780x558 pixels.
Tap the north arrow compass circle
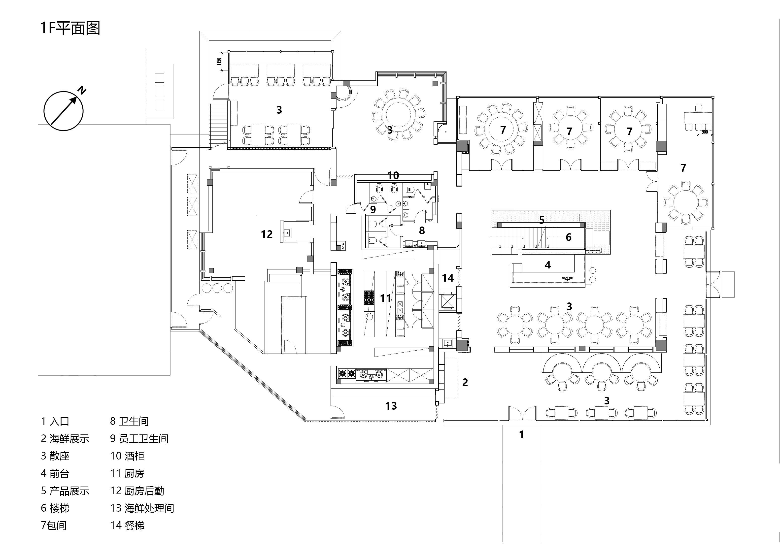tap(64, 111)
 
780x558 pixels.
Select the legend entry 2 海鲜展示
tap(65, 439)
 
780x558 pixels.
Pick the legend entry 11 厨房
tap(127, 473)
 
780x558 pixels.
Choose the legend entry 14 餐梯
tap(127, 525)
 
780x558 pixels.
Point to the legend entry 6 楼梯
tap(55, 508)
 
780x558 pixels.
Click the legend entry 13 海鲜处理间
tap(142, 508)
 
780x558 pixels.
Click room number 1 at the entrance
tap(521, 435)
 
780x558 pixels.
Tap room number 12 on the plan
tap(267, 234)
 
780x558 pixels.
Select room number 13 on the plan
tap(391, 406)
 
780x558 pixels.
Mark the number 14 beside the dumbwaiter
tap(448, 278)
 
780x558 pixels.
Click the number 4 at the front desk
tap(548, 265)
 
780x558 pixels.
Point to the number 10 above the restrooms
tap(393, 176)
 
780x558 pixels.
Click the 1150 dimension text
tap(219, 62)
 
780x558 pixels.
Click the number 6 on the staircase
tap(569, 237)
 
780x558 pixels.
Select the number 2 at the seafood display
tap(465, 382)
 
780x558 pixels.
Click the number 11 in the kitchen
tap(386, 298)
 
